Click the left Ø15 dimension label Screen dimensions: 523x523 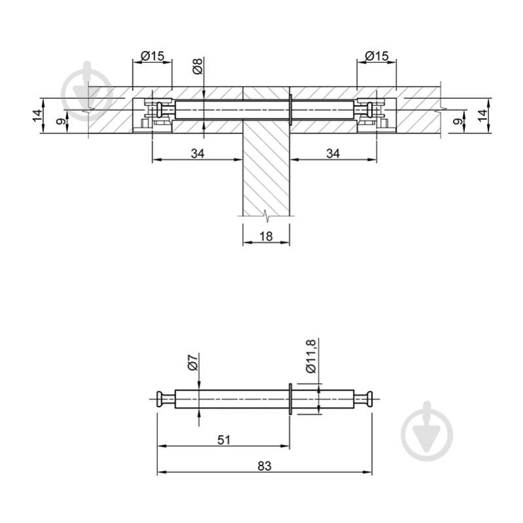click(153, 56)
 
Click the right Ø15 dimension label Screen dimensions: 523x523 click(376, 56)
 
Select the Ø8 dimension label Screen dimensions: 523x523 click(197, 65)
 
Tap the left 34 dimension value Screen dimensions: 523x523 click(198, 153)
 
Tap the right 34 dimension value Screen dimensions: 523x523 click(333, 153)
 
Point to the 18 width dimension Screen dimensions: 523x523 click(266, 236)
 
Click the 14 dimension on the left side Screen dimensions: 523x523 click(37, 115)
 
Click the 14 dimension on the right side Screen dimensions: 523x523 click(482, 115)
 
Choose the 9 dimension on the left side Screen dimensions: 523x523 click(60, 121)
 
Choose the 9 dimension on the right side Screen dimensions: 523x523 click(460, 121)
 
